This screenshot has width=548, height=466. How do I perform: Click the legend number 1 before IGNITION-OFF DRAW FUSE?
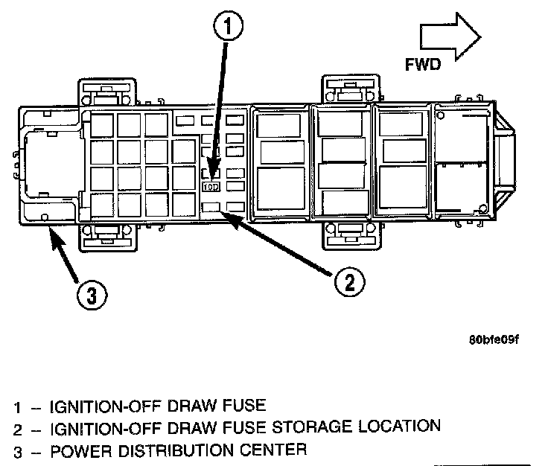pos(17,407)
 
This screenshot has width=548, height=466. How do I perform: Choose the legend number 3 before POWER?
pos(17,450)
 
